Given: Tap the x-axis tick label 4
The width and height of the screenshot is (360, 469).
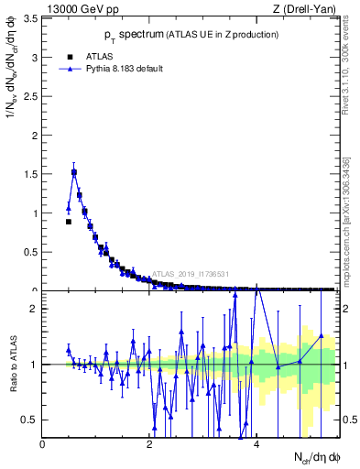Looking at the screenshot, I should pos(256,444).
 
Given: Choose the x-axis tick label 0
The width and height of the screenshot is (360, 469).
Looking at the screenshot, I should pos(42,444).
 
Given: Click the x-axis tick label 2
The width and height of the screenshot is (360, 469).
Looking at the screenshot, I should pos(149,444).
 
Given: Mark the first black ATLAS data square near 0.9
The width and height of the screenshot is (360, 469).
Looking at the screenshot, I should pos(69,222).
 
